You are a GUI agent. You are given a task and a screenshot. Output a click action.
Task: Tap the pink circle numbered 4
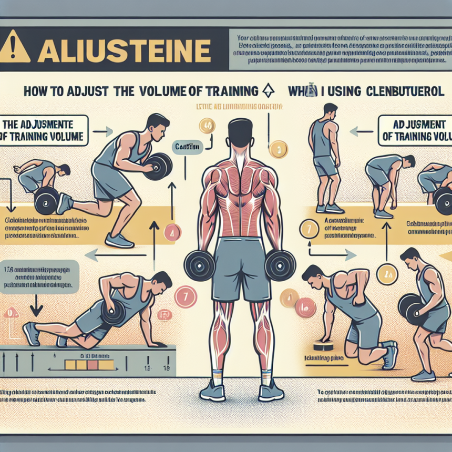173,231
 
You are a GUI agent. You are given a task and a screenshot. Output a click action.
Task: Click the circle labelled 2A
391,273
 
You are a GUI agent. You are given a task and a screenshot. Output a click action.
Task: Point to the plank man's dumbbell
111,314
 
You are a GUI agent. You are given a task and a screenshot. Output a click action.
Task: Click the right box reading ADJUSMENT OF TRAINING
414,130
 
